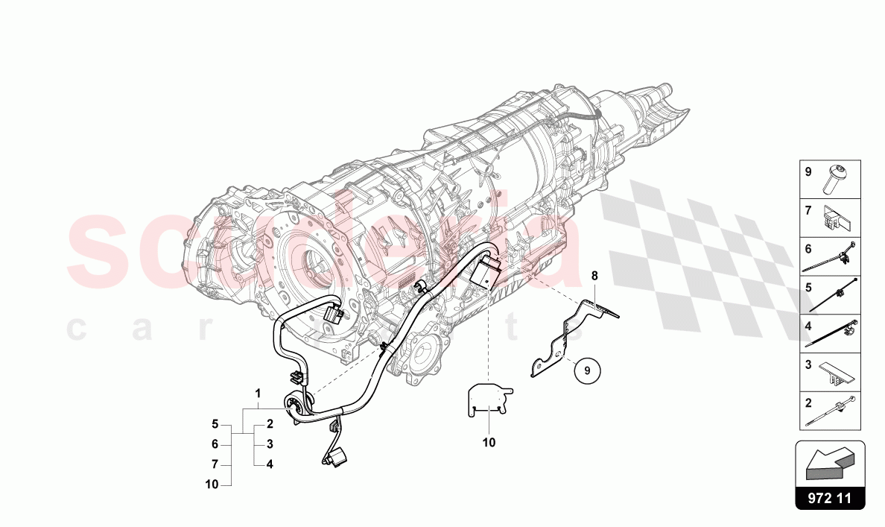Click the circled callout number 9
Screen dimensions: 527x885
coord(586,369)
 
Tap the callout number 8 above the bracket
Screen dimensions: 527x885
coord(594,277)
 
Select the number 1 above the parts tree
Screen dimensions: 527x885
coord(258,393)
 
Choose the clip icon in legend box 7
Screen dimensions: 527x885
coord(837,218)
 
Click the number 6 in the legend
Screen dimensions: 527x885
coord(808,249)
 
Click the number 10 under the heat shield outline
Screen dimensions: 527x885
coord(489,442)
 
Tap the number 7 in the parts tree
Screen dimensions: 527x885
coord(215,464)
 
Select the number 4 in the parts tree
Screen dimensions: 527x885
coord(270,464)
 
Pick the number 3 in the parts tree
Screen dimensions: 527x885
coord(270,444)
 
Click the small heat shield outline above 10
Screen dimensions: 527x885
coord(489,400)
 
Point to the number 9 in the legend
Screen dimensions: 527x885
coord(808,171)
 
